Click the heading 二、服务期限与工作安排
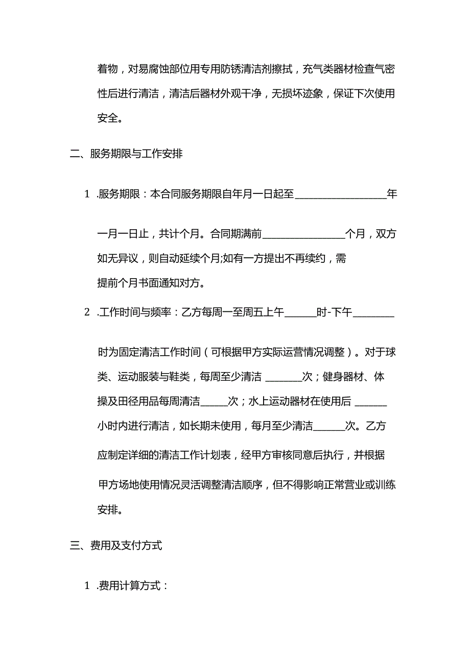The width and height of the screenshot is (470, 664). [126, 154]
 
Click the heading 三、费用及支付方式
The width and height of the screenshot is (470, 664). [116, 545]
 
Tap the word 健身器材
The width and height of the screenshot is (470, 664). [344, 377]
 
